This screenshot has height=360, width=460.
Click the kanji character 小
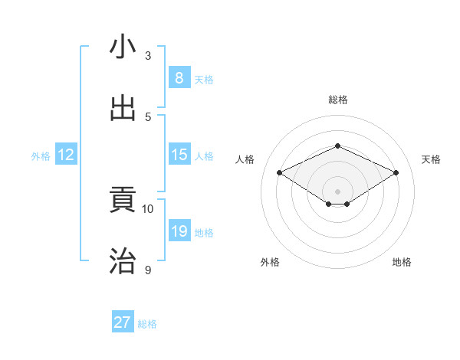click(123, 47)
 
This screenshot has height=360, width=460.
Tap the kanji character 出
click(123, 108)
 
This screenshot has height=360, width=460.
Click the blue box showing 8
click(179, 77)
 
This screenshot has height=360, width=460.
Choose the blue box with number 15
click(179, 155)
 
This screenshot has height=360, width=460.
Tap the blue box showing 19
click(179, 231)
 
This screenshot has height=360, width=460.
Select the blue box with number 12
click(66, 155)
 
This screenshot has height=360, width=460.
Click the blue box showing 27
click(123, 322)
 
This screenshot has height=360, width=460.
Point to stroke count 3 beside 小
click(148, 56)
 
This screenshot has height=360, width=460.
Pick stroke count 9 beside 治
click(148, 270)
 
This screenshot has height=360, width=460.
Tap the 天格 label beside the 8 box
click(204, 79)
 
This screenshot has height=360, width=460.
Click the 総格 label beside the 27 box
click(148, 324)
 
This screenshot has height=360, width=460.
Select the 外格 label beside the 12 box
click(41, 156)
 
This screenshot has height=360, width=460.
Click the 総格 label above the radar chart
click(337, 100)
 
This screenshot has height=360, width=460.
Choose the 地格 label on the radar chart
click(402, 262)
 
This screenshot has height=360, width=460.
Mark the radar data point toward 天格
click(396, 173)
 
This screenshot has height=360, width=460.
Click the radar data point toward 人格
click(279, 173)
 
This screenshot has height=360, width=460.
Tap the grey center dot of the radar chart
click(337, 191)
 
